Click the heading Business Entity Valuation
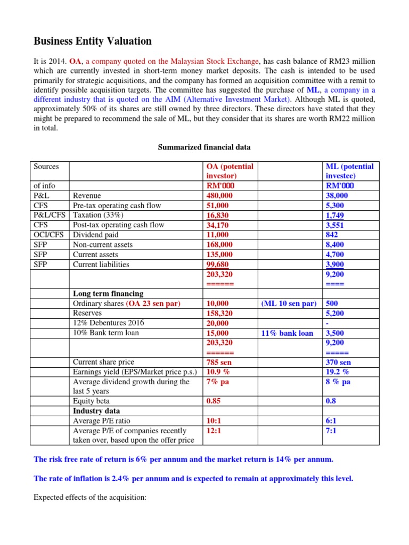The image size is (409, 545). point(93,41)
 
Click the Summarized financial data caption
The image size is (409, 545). point(204,147)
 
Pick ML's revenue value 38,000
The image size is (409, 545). point(338,196)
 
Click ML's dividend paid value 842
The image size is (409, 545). point(333,235)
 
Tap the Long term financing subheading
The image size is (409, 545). point(108,294)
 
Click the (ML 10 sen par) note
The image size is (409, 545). point(289,303)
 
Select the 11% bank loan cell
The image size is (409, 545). point(288,333)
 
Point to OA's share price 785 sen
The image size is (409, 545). point(218,362)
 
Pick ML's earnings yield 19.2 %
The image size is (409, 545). point(337,372)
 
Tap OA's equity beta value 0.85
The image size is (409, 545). point(214,401)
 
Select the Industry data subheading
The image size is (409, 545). point(96,411)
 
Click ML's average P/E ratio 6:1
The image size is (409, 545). point(331,421)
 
